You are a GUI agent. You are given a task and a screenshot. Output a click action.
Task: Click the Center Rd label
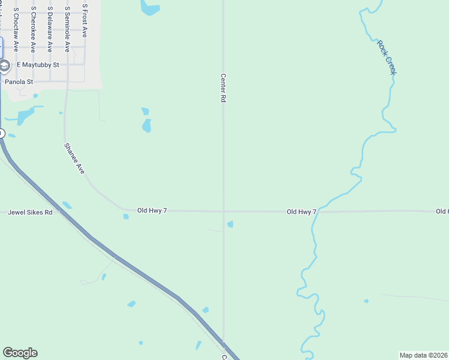pos(223,88)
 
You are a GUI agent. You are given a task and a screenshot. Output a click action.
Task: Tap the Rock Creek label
pos(387,58)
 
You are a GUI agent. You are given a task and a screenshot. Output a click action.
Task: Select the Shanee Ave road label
pos(75,158)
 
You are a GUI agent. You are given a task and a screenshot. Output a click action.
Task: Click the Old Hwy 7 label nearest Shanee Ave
pos(152,211)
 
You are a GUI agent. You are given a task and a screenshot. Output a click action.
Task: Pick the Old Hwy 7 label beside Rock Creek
pos(301,212)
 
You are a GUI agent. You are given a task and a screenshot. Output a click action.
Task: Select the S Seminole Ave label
pos(67,30)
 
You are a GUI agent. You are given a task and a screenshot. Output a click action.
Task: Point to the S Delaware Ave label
pos(50,30)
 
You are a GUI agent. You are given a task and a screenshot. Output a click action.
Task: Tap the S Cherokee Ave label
pos(33,30)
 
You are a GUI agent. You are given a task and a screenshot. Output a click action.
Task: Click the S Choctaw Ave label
pos(16,30)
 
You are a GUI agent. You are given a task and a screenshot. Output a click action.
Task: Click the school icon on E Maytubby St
pos(4,65)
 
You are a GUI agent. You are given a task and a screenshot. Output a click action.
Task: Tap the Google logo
pos(20,353)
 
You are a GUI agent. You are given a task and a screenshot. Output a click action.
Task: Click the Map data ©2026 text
pos(423,355)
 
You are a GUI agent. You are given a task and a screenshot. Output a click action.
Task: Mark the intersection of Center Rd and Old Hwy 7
pos(223,211)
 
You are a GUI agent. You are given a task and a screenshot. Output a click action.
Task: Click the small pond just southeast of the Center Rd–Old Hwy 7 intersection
pos(230,224)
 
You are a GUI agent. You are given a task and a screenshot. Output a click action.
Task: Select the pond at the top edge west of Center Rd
pos(149,8)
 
